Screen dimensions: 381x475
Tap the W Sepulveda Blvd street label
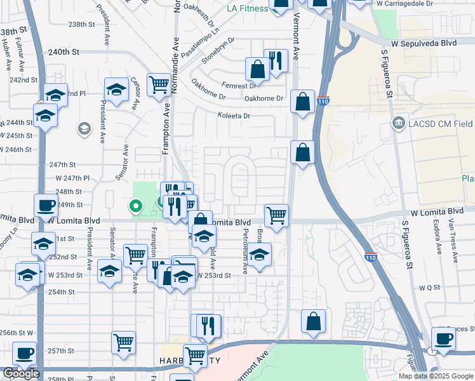tap(424, 43)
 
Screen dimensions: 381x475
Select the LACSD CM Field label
tap(441, 122)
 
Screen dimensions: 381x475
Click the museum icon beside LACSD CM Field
tap(398, 122)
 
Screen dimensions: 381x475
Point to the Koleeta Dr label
tap(233, 116)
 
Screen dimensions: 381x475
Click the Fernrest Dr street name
tap(239, 85)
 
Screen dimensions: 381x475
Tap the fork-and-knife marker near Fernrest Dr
tap(276, 61)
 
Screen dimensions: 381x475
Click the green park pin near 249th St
tap(135, 206)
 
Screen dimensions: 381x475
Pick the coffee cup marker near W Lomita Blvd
tap(44, 206)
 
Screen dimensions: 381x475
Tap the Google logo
tap(21, 373)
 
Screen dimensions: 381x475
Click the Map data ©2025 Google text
tap(436, 376)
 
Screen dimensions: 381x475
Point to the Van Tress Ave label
tap(453, 241)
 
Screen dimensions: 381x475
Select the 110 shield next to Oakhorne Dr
tap(323, 101)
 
